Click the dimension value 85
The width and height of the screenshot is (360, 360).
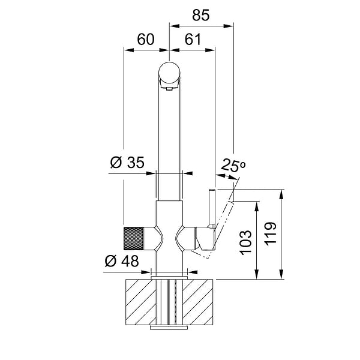tap(201, 15)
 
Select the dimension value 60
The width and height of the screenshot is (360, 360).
tap(146, 39)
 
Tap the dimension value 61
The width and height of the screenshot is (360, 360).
tap(193, 39)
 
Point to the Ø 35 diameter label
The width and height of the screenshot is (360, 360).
tap(127, 163)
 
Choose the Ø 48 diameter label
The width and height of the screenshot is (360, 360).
tap(122, 261)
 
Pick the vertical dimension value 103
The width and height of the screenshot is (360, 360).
tap(245, 242)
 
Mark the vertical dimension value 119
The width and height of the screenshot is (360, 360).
tap(271, 234)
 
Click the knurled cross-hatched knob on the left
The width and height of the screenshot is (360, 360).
tap(134, 238)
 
